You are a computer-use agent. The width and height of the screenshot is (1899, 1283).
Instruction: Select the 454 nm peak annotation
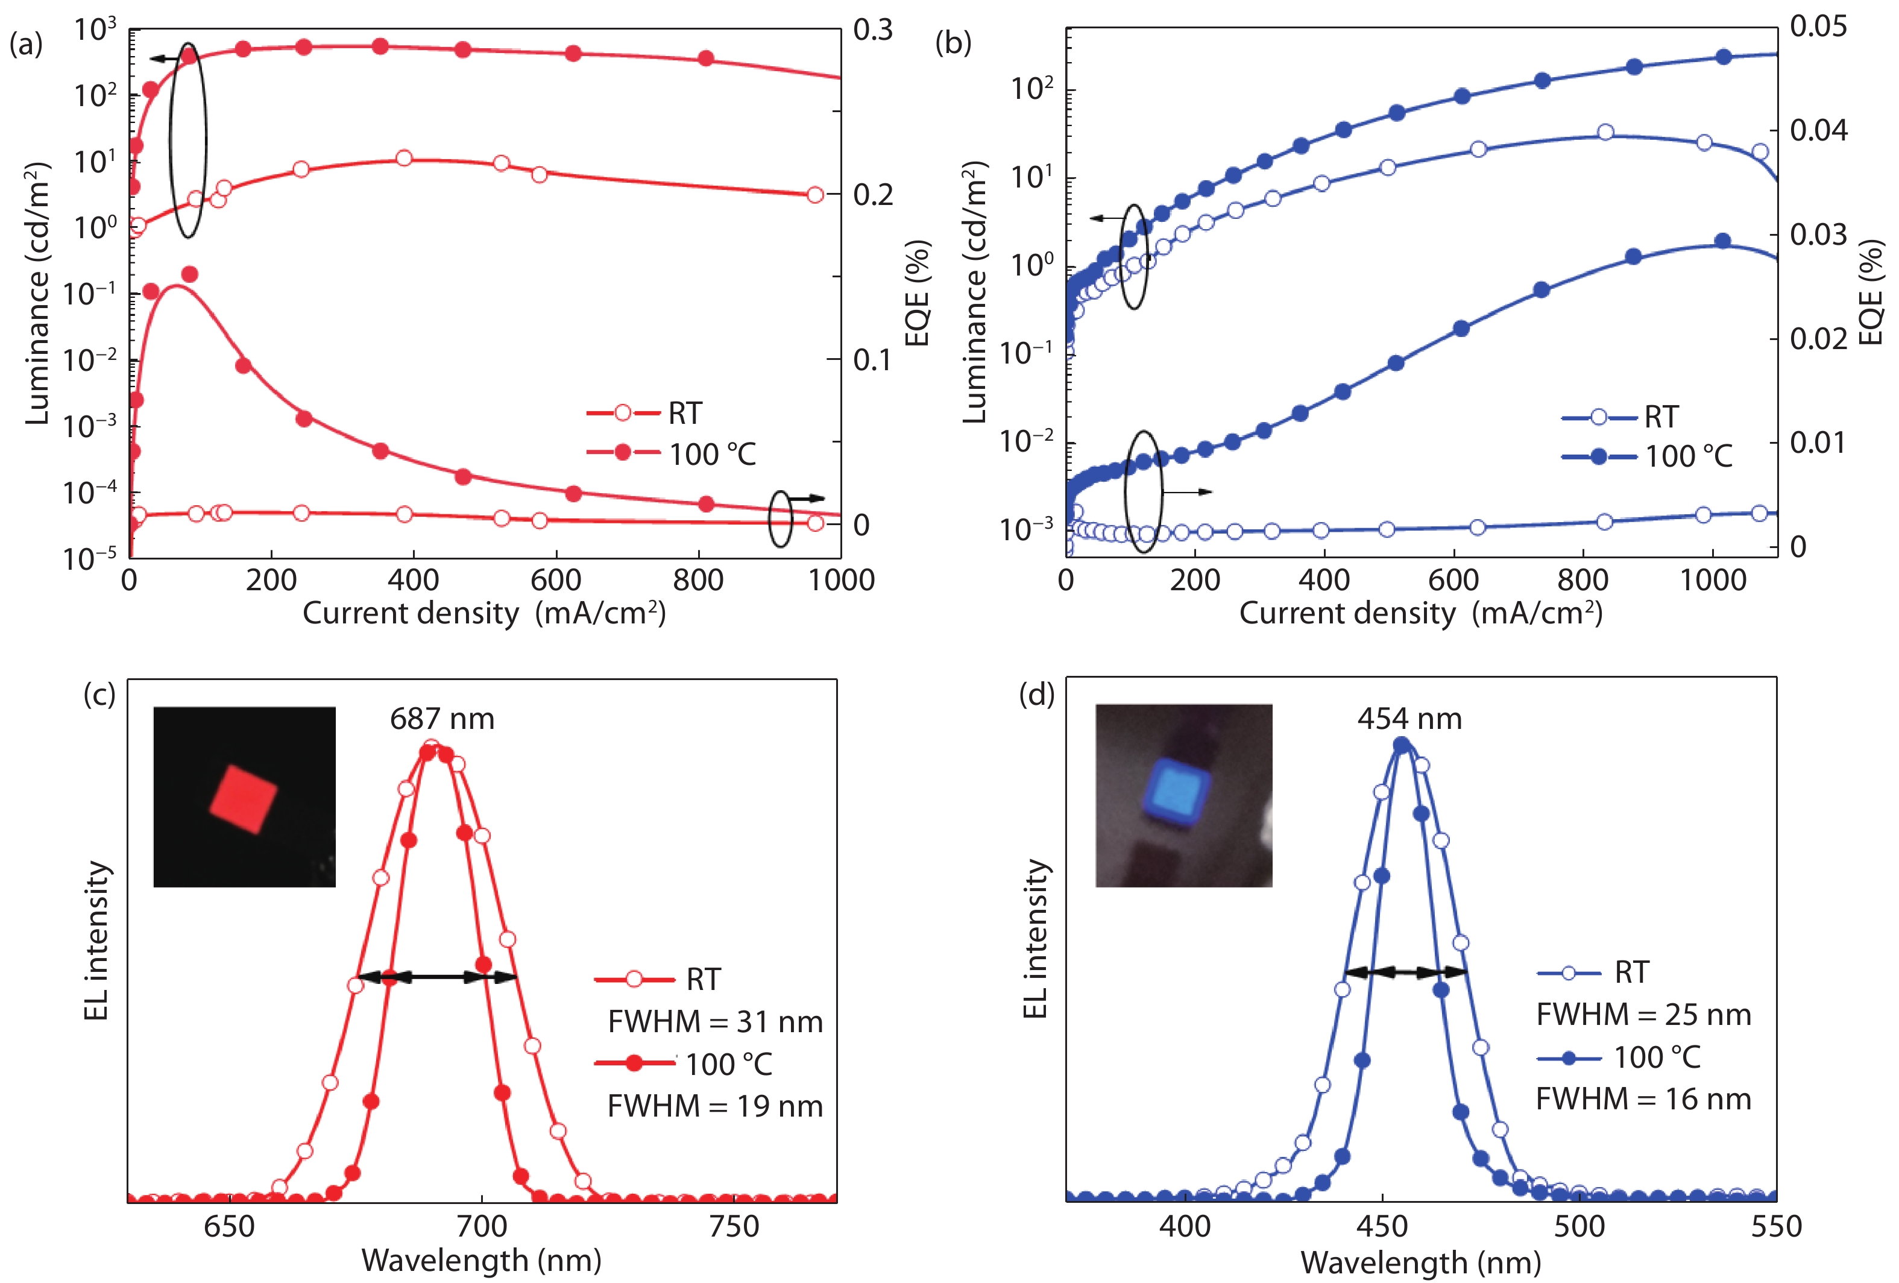(x=1409, y=718)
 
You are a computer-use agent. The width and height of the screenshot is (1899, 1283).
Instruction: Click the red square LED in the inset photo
(x=244, y=798)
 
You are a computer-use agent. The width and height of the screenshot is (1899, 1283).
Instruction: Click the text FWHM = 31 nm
(x=715, y=1021)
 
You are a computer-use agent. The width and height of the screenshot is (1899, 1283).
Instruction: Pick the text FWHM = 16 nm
(x=1643, y=1099)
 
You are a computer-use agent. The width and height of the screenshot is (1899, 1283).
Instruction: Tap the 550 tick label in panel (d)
(x=1775, y=1226)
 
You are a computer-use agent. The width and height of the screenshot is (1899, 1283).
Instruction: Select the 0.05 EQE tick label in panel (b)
(x=1818, y=26)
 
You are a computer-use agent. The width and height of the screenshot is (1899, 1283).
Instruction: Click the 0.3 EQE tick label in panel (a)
(x=873, y=30)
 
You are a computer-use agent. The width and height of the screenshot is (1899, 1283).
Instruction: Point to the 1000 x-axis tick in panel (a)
(x=841, y=580)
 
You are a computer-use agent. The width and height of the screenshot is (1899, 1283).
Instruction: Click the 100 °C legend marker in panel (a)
(x=623, y=452)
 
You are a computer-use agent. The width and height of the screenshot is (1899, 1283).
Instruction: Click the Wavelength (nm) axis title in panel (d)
(x=1420, y=1263)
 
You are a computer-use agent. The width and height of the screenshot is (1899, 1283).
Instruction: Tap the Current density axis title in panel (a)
(x=483, y=613)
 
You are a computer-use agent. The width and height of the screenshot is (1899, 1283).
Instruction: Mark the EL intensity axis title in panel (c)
(x=96, y=940)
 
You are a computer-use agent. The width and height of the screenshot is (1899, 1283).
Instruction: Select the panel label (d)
(x=1036, y=695)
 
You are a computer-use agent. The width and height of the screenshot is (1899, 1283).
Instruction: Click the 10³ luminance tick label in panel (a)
(x=96, y=30)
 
